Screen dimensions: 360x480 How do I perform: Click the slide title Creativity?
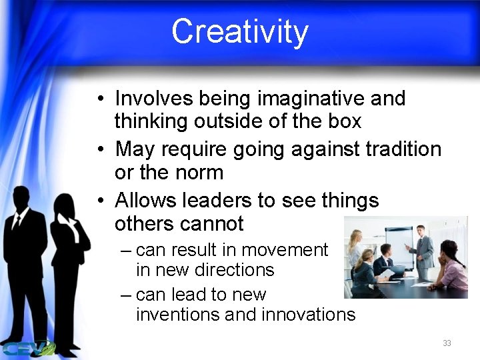click(x=240, y=31)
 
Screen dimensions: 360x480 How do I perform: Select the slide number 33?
click(x=447, y=343)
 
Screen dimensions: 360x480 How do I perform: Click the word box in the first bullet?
click(x=344, y=121)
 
